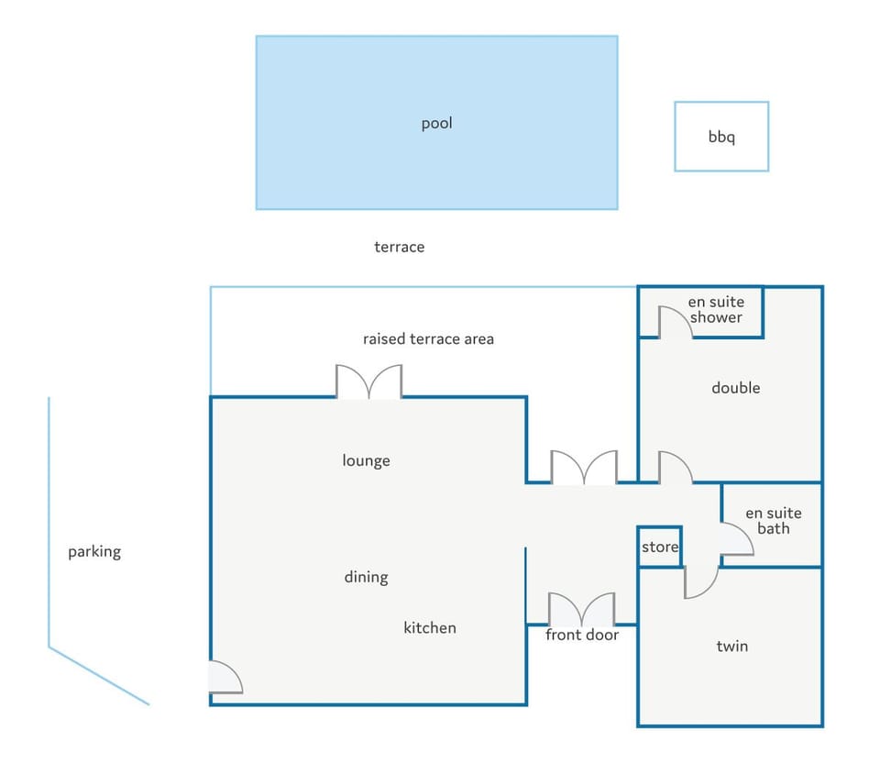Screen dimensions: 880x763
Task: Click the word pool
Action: click(x=436, y=124)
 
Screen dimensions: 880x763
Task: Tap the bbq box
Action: click(x=721, y=137)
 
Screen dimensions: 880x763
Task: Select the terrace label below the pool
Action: click(x=399, y=247)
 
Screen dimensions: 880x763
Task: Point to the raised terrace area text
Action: click(x=428, y=339)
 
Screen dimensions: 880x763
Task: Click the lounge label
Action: click(x=366, y=461)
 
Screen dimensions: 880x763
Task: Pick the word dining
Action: click(x=366, y=577)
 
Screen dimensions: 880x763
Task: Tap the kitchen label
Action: click(x=429, y=627)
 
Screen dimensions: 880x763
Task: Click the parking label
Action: click(x=94, y=552)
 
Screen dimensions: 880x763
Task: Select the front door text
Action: click(x=582, y=635)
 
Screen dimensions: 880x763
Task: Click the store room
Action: click(x=660, y=547)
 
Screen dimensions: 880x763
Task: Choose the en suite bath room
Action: click(x=772, y=525)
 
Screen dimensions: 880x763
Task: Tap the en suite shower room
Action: click(x=701, y=312)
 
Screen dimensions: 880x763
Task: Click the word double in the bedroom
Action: click(x=736, y=388)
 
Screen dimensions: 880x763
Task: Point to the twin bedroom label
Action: click(x=731, y=647)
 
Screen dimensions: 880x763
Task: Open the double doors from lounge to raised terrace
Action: click(x=368, y=381)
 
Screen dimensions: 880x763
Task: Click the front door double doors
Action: click(x=582, y=609)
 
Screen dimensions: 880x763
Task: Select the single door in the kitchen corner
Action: click(x=225, y=677)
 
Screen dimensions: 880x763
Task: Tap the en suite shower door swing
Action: click(x=676, y=322)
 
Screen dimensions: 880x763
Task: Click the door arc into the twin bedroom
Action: click(x=701, y=582)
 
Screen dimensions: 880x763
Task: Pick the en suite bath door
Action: click(x=737, y=539)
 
